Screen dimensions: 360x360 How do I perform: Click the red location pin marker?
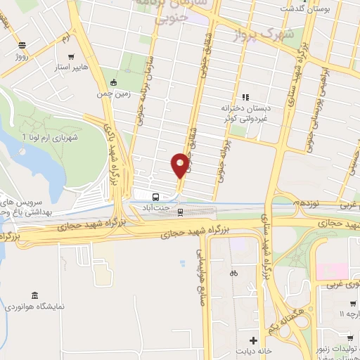tap(180, 165)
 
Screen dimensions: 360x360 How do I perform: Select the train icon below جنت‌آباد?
tap(181, 211)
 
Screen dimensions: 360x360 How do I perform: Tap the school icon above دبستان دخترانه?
tap(245, 97)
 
